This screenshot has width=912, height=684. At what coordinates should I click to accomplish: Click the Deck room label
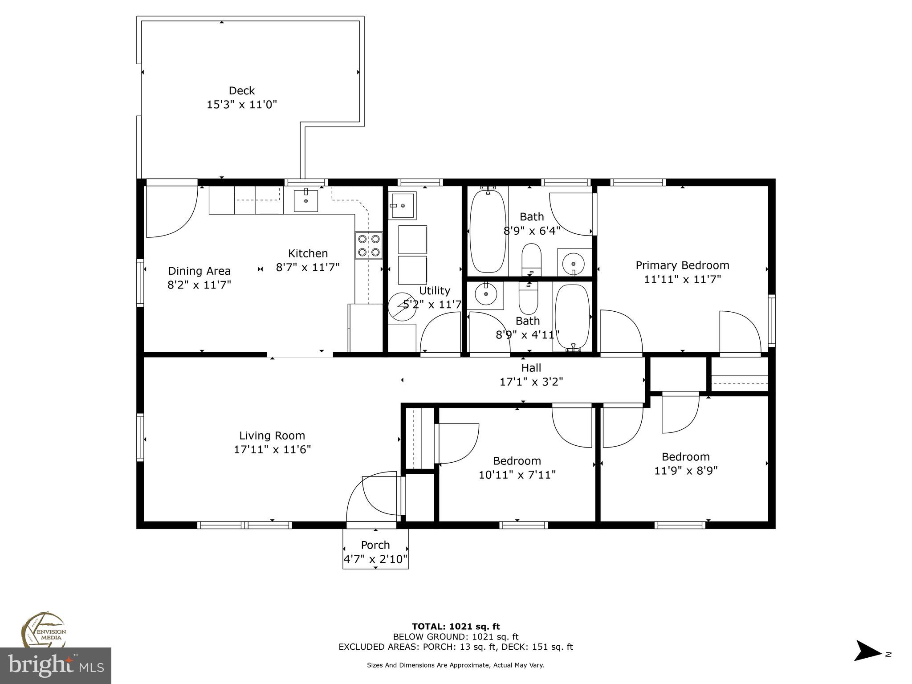[242, 91]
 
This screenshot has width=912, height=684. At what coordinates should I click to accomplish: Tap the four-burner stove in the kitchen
[369, 245]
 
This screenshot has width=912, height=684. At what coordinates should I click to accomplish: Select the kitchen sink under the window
[306, 201]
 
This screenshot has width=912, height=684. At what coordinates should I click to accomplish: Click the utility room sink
[402, 206]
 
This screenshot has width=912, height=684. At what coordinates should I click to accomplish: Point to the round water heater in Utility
[402, 306]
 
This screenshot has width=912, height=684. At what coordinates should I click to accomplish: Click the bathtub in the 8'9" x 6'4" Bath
[488, 232]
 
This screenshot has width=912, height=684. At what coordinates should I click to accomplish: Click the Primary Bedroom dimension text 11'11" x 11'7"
[682, 280]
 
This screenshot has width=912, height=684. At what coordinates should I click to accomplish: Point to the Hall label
[531, 368]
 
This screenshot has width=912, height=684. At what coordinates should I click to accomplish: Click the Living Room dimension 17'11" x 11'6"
[272, 450]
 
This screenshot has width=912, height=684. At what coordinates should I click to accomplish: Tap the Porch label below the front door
[375, 545]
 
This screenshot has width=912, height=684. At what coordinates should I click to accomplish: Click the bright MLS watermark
[56, 666]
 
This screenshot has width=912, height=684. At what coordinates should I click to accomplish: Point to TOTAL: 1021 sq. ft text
[456, 627]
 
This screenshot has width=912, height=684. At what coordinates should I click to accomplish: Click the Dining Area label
[199, 271]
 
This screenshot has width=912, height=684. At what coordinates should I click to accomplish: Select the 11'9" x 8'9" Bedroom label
[685, 457]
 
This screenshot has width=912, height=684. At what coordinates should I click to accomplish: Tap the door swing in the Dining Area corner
[171, 212]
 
